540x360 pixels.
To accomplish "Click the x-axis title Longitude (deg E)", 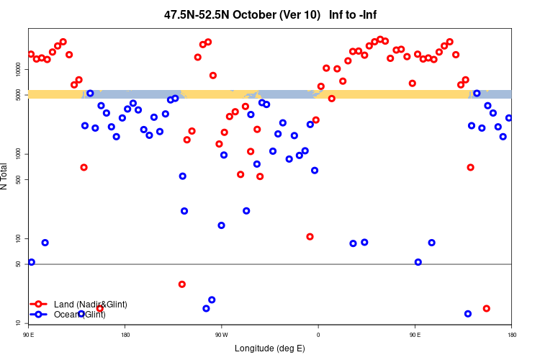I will tap(269, 348).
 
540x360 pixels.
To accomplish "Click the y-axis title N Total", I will tap(6, 176).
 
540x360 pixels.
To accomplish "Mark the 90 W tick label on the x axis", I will tap(221, 335).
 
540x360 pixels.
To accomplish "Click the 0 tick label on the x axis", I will tap(318, 335).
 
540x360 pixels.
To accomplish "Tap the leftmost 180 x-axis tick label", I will tap(125, 335).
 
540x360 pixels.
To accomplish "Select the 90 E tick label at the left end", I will tap(29, 335).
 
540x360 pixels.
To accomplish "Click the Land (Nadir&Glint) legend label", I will tap(90, 305).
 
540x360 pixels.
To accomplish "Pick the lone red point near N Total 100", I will tap(310, 237).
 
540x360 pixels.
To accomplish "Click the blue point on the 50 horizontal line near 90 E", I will tap(418, 262).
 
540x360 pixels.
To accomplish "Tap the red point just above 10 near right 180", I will tap(487, 308).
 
